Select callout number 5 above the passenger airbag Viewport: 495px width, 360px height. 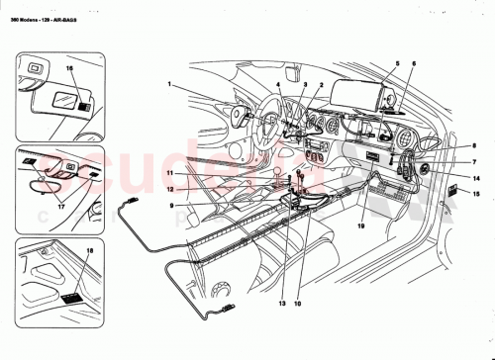click(397, 63)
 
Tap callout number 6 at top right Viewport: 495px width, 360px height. click(414, 63)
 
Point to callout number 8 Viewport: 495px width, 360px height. click(473, 146)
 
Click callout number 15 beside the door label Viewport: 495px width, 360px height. click(476, 198)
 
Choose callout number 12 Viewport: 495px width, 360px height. click(170, 188)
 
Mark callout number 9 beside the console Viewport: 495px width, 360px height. click(170, 205)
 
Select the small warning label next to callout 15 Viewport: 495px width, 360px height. click(453, 190)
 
